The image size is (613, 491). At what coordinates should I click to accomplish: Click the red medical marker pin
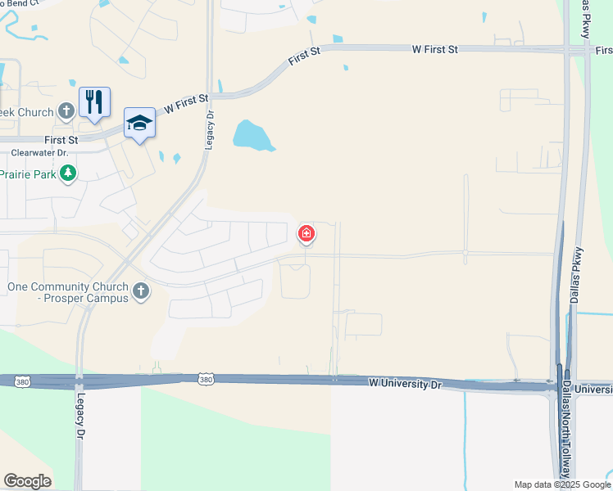coord(306,235)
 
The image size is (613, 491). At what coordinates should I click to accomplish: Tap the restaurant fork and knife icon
coord(95,102)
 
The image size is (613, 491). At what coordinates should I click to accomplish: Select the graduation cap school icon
coord(139,124)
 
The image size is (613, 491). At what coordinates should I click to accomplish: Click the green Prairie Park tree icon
coord(68,173)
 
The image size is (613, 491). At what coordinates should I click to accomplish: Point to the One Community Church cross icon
coord(141,291)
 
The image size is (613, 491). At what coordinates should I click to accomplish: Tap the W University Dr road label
coord(405,382)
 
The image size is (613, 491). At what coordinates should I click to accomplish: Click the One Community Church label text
coord(68,292)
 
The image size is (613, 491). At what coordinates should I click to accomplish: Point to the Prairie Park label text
coord(29,173)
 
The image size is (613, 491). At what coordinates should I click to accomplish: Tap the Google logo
coord(27,481)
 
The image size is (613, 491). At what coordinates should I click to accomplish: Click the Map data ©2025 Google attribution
coord(562,484)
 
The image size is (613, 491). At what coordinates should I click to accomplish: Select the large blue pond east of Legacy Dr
coord(253,136)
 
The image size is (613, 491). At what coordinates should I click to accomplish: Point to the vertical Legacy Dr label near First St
coord(210,129)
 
